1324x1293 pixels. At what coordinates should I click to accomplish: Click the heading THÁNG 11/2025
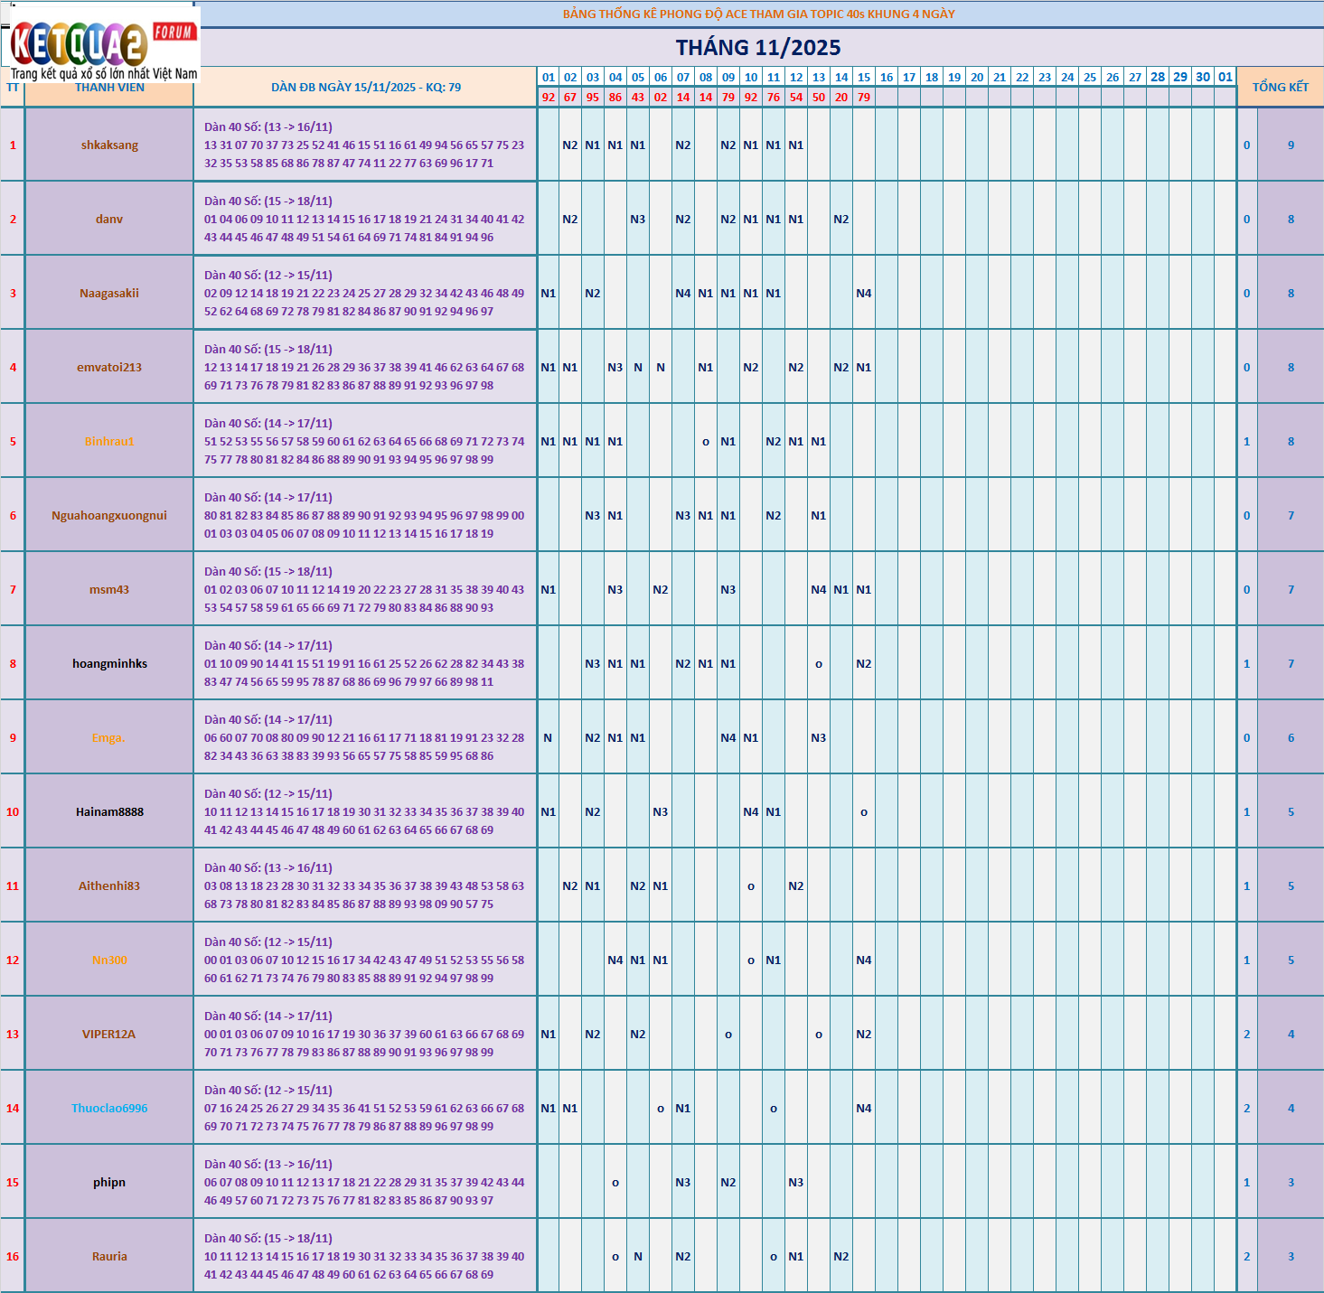coord(757,48)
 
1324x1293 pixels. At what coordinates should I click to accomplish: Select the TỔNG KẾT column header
coord(1280,87)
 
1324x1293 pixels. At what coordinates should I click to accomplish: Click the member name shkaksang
coord(109,145)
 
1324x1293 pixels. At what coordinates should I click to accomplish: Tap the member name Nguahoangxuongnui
coord(109,515)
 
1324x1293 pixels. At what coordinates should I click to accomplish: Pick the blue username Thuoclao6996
coord(109,1108)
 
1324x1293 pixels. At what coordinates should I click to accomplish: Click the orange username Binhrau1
coord(109,441)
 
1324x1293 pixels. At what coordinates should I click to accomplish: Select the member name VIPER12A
coord(109,1034)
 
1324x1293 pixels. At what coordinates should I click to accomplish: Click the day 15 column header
coord(864,77)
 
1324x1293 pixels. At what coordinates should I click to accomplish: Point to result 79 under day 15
coord(864,97)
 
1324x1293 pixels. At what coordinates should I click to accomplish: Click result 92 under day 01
coord(549,97)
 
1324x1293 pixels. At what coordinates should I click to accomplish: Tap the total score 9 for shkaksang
coord(1291,145)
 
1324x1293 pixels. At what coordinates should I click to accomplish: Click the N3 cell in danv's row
coord(638,219)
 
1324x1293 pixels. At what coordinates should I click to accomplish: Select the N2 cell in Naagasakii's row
coord(593,293)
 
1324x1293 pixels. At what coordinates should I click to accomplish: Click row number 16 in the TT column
coord(13,1256)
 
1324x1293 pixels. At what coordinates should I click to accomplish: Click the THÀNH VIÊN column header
coord(109,88)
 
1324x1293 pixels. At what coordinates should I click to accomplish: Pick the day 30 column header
coord(1203,77)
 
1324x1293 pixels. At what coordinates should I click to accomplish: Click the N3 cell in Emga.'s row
coord(819,737)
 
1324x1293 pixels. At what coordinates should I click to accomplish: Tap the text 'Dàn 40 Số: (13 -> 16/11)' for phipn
coord(268,1164)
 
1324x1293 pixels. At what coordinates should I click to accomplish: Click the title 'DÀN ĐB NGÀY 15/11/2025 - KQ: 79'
coord(366,88)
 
